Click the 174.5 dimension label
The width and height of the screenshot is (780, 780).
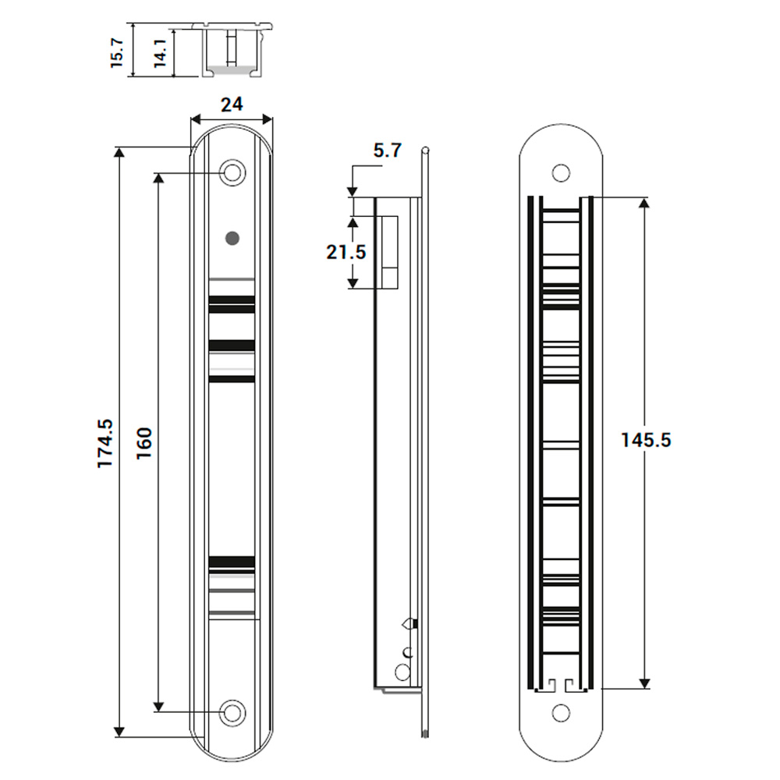coord(105,444)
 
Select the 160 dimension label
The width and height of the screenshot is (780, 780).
coord(144,444)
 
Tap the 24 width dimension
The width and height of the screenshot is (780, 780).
coord(232,105)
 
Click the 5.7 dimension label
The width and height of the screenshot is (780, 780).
coord(387,151)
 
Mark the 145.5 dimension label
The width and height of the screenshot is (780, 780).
coord(646,440)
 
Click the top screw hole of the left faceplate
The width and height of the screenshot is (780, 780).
coord(232,173)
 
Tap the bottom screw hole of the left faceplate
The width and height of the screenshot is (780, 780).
coord(232,711)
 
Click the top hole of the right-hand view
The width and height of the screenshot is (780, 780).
coord(561,173)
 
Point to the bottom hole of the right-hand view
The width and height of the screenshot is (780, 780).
coord(561,713)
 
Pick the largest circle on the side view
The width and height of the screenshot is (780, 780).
coord(402,672)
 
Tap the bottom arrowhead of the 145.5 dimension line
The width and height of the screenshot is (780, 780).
coord(644,684)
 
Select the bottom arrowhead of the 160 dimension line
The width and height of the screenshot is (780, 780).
coord(158,707)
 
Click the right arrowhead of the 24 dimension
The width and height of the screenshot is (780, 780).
coord(268,119)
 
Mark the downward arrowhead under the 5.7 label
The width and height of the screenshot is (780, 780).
coord(353,190)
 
